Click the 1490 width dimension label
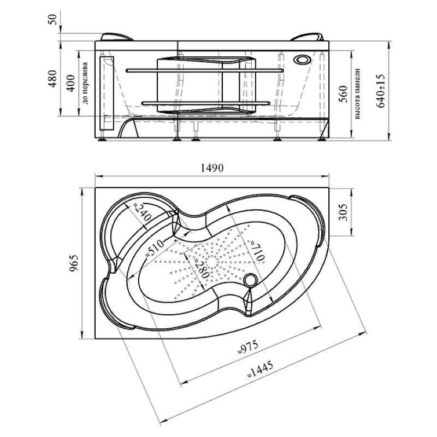[212, 168]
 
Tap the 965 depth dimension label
[74, 263]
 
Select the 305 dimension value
[343, 212]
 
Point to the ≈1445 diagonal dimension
[261, 370]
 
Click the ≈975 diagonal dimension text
[248, 347]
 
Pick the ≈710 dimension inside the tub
[257, 251]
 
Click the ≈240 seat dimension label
[141, 212]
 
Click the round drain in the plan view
[250, 280]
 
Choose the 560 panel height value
[344, 94]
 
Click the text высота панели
[358, 94]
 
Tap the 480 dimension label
[52, 79]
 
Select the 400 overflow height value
[71, 84]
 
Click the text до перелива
[85, 84]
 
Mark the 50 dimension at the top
[52, 19]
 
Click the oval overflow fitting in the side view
[301, 60]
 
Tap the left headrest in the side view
[116, 37]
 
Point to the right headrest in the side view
[307, 37]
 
